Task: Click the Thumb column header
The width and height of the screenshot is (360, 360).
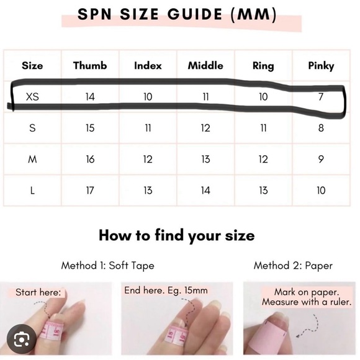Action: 90,65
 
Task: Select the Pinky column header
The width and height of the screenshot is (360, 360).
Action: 321,65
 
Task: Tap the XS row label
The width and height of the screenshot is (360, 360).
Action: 32,97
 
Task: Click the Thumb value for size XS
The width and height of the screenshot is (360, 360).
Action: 90,97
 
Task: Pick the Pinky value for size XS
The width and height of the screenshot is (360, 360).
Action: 321,97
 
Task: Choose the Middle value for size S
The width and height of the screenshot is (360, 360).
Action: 205,128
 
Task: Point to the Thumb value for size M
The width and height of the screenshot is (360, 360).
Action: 90,160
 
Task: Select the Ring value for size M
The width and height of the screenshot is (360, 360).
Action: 263,160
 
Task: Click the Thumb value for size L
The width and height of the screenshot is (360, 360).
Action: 90,191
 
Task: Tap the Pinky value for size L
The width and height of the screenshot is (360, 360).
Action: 321,191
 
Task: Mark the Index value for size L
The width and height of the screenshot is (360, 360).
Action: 148,191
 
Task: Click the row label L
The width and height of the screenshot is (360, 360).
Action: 32,191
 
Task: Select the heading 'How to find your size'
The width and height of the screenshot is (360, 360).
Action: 176,236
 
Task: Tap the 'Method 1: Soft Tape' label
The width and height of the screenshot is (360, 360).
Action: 107,266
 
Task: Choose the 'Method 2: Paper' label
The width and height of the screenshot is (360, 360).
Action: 293,266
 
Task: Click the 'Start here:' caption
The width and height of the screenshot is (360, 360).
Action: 38,292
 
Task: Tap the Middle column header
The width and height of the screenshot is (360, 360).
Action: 205,65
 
